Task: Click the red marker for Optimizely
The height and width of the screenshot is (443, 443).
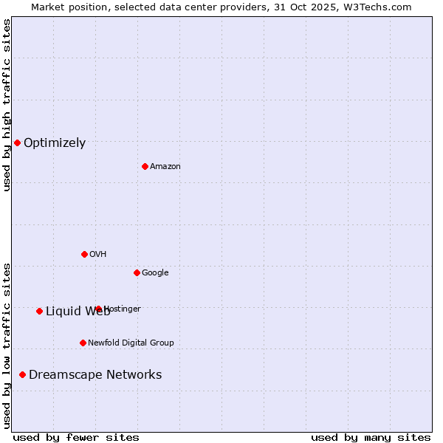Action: [17, 142]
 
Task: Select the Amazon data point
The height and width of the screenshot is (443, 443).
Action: [145, 166]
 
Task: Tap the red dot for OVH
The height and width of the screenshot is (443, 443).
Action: [84, 254]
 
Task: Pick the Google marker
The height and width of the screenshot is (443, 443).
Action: [137, 272]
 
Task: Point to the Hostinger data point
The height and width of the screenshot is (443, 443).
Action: [98, 309]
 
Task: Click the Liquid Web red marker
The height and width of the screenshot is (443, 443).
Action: [39, 311]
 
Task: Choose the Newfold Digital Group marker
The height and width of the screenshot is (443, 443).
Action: [83, 343]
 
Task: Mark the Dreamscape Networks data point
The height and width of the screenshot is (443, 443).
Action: [22, 374]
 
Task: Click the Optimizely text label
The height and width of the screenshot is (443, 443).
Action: [55, 143]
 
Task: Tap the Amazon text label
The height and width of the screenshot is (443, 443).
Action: [165, 167]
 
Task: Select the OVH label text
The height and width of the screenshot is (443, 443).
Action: [98, 255]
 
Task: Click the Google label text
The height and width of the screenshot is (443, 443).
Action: [155, 273]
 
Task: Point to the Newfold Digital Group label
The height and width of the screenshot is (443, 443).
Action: [131, 343]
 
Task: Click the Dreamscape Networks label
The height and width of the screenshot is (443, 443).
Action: [95, 375]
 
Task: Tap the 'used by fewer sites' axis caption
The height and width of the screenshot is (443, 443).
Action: [76, 437]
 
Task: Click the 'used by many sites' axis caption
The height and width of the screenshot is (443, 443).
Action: [371, 437]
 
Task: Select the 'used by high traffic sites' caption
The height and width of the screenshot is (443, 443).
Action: [7, 105]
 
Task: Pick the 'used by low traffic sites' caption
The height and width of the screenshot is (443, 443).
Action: [7, 346]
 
